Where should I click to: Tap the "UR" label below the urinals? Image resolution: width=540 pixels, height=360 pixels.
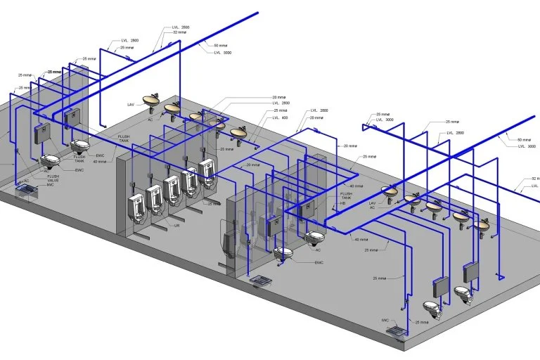[177, 226]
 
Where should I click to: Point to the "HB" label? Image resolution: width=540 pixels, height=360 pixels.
[343, 202]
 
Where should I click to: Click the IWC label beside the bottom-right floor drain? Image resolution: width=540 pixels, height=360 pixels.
[385, 320]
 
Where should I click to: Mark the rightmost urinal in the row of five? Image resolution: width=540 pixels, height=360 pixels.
[206, 169]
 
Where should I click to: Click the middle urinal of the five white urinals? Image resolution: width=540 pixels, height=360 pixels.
[172, 188]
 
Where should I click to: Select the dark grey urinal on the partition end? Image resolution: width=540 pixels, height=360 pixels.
[226, 243]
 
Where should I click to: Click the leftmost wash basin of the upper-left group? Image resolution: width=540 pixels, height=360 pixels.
[150, 99]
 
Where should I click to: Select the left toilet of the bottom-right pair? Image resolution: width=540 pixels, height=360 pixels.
[432, 307]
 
